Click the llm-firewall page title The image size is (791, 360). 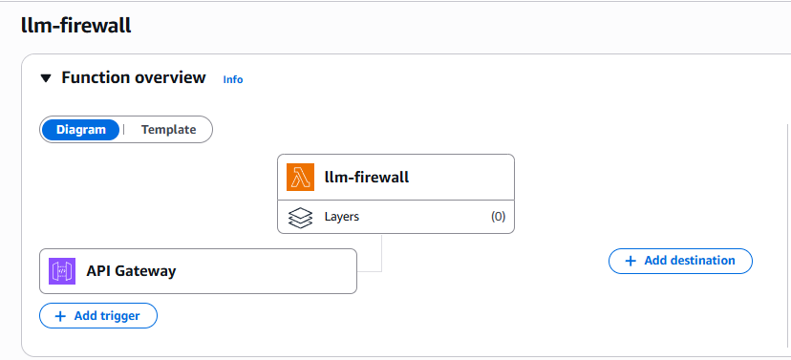pos(75,26)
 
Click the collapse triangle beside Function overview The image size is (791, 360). pos(46,78)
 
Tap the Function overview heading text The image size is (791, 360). pos(133,77)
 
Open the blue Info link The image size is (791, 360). pos(233,79)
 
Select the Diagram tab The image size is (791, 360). pos(81,130)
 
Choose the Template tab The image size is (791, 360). pos(168,130)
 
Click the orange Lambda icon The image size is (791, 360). pos(301,178)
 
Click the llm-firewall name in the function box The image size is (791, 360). pos(367,178)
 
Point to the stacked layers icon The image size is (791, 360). pos(301,217)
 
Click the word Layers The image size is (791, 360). pos(342,217)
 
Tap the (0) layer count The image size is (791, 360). pos(498,217)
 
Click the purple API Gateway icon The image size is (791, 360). pos(62,271)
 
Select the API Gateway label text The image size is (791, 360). pos(131,271)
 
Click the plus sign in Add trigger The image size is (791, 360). pos(60,315)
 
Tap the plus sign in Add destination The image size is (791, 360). pos(630,261)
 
